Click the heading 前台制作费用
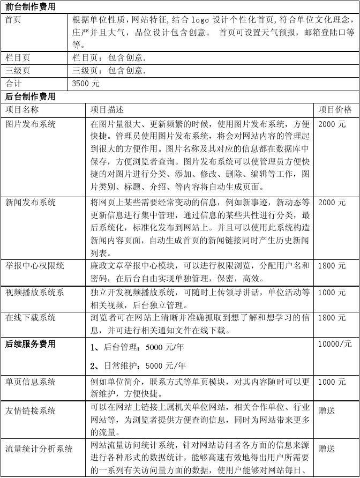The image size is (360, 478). coord(30,7)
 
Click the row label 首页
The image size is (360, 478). coord(13,20)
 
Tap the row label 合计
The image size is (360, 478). coord(13,84)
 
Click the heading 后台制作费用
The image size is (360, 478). coord(30,96)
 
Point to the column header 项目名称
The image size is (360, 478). coord(22,110)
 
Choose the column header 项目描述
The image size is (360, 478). coord(107,110)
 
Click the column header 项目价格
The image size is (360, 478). coord(335,110)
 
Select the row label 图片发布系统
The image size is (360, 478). coord(31,124)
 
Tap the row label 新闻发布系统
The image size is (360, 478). coord(31,203)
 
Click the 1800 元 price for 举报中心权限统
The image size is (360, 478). coord(332,266)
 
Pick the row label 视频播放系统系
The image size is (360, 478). coord(35,293)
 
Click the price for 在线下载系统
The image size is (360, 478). coord(332,318)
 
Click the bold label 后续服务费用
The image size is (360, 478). coord(31,344)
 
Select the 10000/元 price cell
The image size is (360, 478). coord(335,344)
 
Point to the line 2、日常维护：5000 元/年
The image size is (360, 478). coord(138,366)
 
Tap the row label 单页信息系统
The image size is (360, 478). coord(31,382)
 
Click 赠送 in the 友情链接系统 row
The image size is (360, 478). coord(326,410)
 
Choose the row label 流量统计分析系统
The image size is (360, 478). coord(39,448)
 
